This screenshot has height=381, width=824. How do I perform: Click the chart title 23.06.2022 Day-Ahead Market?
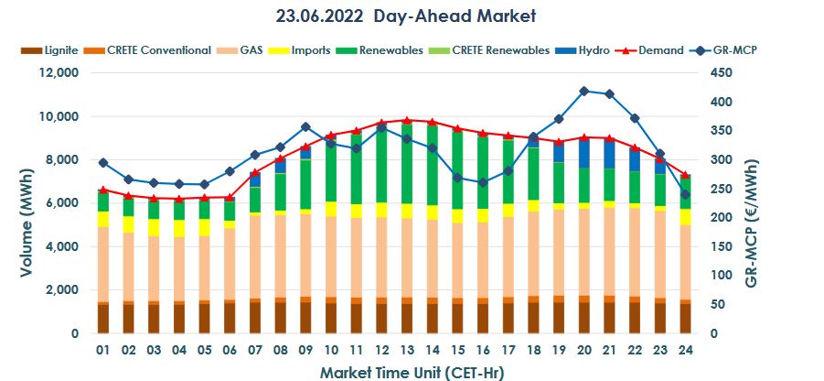click(405, 16)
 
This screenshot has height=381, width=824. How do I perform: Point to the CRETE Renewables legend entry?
click(502, 49)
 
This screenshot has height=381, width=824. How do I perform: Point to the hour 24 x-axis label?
click(684, 350)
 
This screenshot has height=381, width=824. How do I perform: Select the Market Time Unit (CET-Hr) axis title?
click(412, 372)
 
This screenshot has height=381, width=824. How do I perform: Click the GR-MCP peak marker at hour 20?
click(583, 91)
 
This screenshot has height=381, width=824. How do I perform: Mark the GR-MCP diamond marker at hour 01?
click(103, 163)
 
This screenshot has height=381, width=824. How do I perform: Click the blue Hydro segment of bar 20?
click(583, 154)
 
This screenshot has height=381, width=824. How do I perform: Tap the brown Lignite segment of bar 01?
click(103, 318)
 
